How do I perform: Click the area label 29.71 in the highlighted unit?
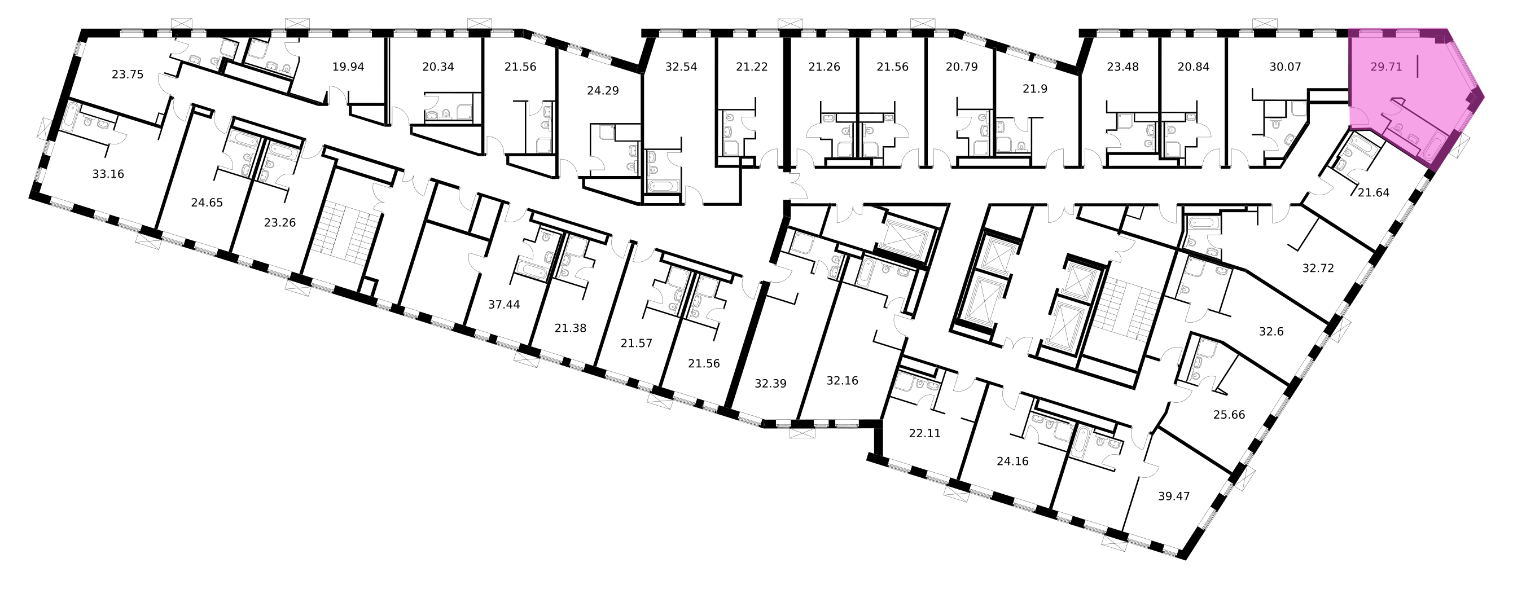(1386, 67)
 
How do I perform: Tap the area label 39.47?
(1173, 496)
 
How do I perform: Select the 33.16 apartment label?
(108, 174)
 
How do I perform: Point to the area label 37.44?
(504, 304)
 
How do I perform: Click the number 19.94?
(348, 67)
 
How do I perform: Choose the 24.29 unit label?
(603, 91)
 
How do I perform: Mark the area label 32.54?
(681, 67)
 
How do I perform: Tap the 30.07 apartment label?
(1285, 67)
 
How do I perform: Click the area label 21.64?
(1373, 192)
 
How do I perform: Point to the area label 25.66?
(1229, 415)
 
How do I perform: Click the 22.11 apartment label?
(924, 433)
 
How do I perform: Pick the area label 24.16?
(1012, 461)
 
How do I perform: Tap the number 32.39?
(770, 384)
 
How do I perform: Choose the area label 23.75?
(128, 74)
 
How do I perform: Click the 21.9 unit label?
(1035, 89)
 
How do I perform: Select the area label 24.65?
(207, 203)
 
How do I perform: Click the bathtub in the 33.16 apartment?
(70, 120)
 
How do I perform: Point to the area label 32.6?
(1271, 332)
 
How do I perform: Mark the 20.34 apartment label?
(438, 67)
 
